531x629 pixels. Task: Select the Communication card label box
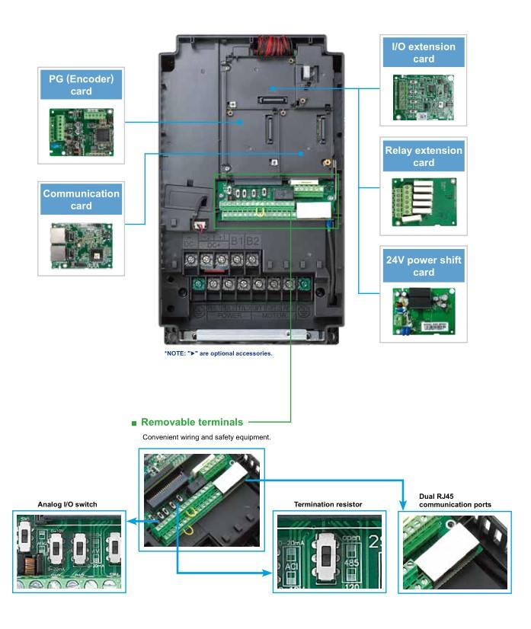(x=81, y=200)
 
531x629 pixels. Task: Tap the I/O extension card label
(x=424, y=53)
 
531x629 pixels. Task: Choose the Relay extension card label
(x=424, y=156)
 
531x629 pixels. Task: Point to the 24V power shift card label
(x=424, y=266)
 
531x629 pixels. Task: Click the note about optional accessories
(x=218, y=353)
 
